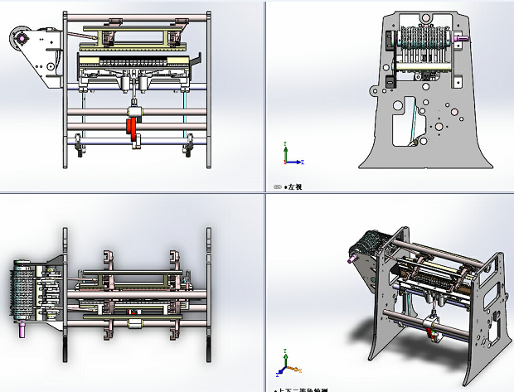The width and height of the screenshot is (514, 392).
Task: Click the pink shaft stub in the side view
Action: click(x=461, y=37)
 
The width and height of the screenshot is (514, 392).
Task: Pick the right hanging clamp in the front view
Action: click(x=188, y=148)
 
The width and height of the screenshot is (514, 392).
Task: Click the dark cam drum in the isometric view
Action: click(x=367, y=249)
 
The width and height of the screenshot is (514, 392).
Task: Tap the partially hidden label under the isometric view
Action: click(x=303, y=389)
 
